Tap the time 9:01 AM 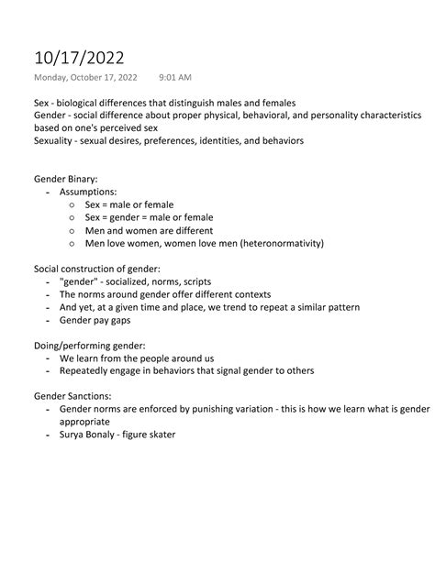tap(174, 76)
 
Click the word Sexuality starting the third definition tap(54, 140)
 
